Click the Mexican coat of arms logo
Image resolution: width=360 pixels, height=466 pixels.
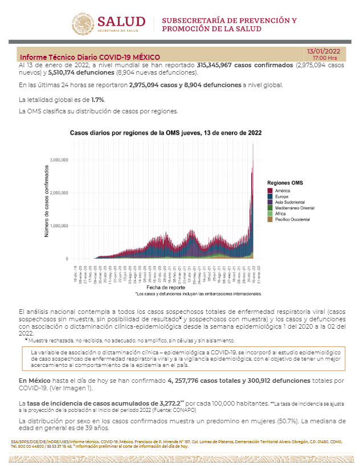pyautogui.click(x=84, y=24)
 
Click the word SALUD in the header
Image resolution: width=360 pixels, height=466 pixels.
pyautogui.click(x=121, y=22)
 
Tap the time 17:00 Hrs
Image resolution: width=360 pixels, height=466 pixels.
pyautogui.click(x=325, y=58)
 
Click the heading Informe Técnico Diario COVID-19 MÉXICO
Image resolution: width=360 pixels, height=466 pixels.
pyautogui.click(x=90, y=58)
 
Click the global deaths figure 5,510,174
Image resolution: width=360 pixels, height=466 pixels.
pyautogui.click(x=67, y=73)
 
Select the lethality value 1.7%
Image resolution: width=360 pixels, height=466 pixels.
pyautogui.click(x=98, y=100)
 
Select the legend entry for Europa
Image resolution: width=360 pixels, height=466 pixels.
pyautogui.click(x=283, y=196)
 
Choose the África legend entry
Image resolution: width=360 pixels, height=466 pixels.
pyautogui.click(x=282, y=214)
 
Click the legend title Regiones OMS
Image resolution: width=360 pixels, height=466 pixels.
pyautogui.click(x=285, y=182)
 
